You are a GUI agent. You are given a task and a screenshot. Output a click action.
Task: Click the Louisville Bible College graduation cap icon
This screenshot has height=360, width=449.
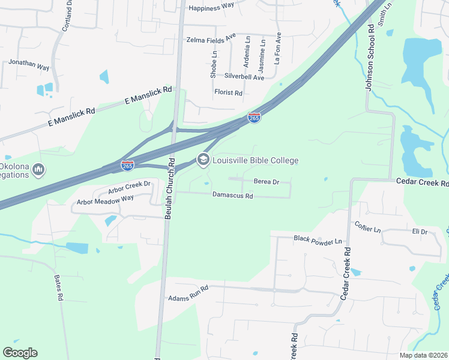203,160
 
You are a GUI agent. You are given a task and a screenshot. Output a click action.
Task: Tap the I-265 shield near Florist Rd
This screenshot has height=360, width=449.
255,118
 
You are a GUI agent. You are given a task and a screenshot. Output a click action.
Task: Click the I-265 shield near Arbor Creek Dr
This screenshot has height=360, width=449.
127,165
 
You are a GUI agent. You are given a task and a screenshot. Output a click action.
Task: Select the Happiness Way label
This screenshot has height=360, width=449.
211,8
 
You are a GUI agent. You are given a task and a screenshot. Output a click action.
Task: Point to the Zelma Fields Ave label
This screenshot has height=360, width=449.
211,40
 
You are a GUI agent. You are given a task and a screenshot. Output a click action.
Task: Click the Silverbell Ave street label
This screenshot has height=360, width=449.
244,77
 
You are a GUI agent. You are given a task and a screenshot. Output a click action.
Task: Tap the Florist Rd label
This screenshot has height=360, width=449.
228,93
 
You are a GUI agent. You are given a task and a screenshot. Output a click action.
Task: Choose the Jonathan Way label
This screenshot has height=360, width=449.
29,64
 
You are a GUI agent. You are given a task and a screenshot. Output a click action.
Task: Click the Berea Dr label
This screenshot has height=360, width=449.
267,181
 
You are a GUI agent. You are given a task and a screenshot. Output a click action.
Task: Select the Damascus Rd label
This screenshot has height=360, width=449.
232,195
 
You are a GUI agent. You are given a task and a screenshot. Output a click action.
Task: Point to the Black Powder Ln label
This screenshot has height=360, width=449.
318,239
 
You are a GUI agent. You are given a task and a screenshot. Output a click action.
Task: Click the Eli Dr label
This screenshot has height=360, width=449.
419,231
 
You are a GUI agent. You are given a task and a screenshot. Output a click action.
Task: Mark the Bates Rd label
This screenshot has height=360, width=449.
59,288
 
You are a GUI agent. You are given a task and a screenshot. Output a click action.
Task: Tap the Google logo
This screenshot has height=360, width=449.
20,352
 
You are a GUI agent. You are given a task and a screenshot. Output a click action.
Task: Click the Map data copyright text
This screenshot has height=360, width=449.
423,355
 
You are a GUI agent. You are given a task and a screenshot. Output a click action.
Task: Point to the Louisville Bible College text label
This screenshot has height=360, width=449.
255,160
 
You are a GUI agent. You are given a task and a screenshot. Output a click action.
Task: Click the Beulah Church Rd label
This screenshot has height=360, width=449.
170,189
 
